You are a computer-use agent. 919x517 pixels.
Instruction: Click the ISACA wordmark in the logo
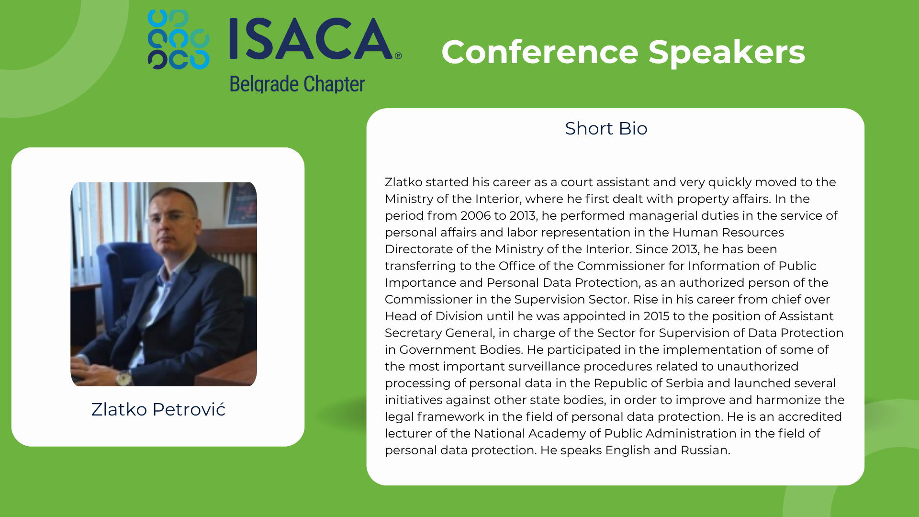[x=311, y=39]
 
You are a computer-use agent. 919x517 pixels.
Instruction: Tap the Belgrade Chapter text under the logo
[x=297, y=84]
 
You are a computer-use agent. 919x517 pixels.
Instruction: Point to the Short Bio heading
[x=606, y=128]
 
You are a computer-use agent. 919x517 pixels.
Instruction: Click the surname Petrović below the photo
[x=189, y=409]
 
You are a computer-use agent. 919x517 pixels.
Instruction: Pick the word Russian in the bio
[x=705, y=450]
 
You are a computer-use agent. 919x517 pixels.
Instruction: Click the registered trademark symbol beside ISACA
[x=398, y=56]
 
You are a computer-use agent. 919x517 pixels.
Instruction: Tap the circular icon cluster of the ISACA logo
[x=179, y=39]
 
